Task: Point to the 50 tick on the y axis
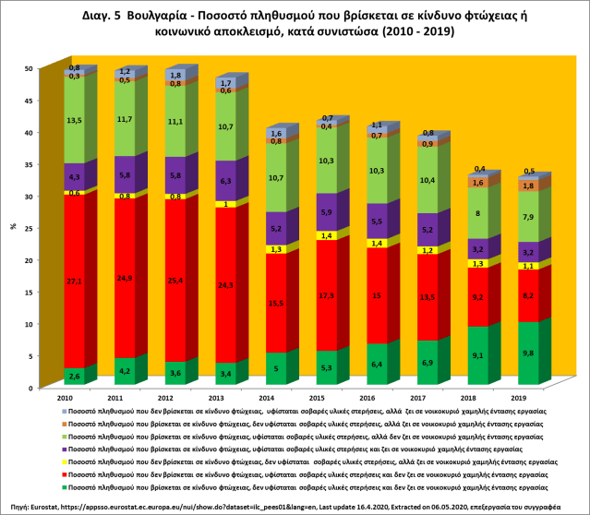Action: [29, 68]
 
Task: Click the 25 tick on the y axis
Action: [29, 228]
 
